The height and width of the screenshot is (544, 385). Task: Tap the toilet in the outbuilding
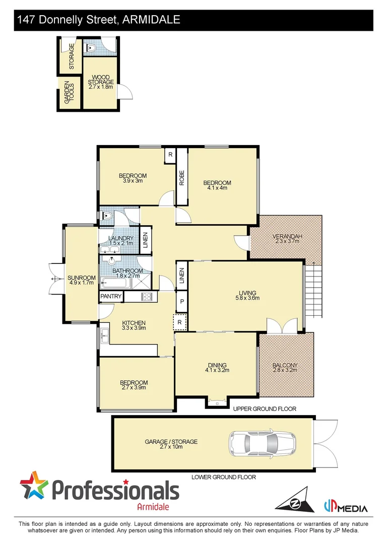click(x=91, y=48)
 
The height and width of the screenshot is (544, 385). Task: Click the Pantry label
click(x=111, y=297)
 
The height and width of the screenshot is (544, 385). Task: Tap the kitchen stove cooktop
click(x=147, y=297)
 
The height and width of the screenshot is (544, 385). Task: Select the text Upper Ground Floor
click(x=264, y=409)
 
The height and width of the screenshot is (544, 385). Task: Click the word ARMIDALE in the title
click(x=151, y=20)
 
